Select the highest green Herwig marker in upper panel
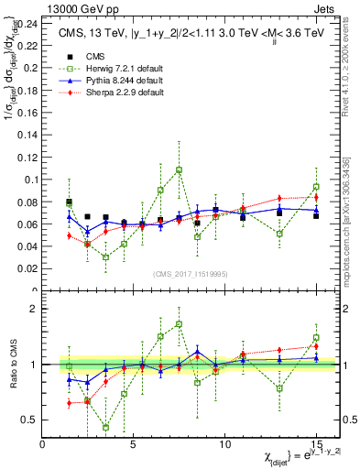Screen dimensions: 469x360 pyautogui.click(x=179, y=169)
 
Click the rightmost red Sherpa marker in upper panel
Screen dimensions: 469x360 pyautogui.click(x=316, y=197)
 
